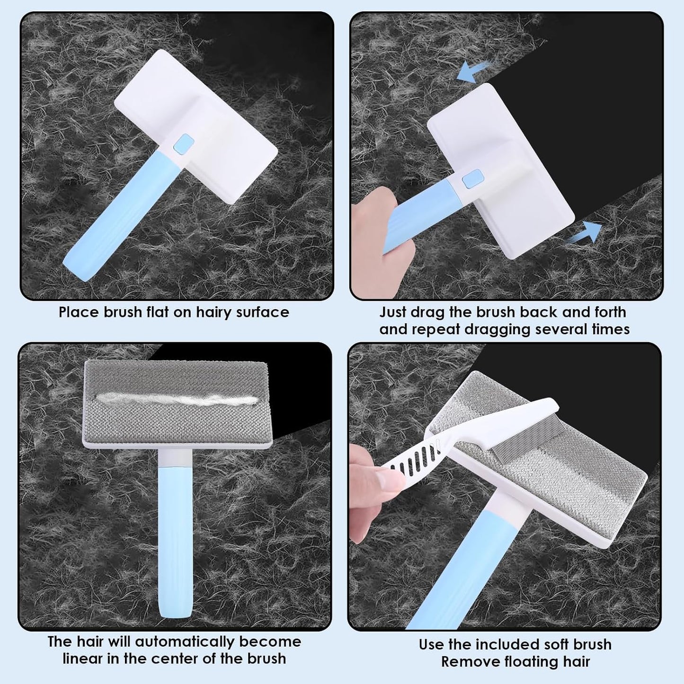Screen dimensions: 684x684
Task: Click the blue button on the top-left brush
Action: [184, 143]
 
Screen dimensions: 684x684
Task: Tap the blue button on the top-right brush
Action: [472, 178]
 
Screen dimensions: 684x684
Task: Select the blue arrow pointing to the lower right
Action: [584, 233]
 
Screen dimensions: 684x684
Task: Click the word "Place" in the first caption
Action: [79, 312]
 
